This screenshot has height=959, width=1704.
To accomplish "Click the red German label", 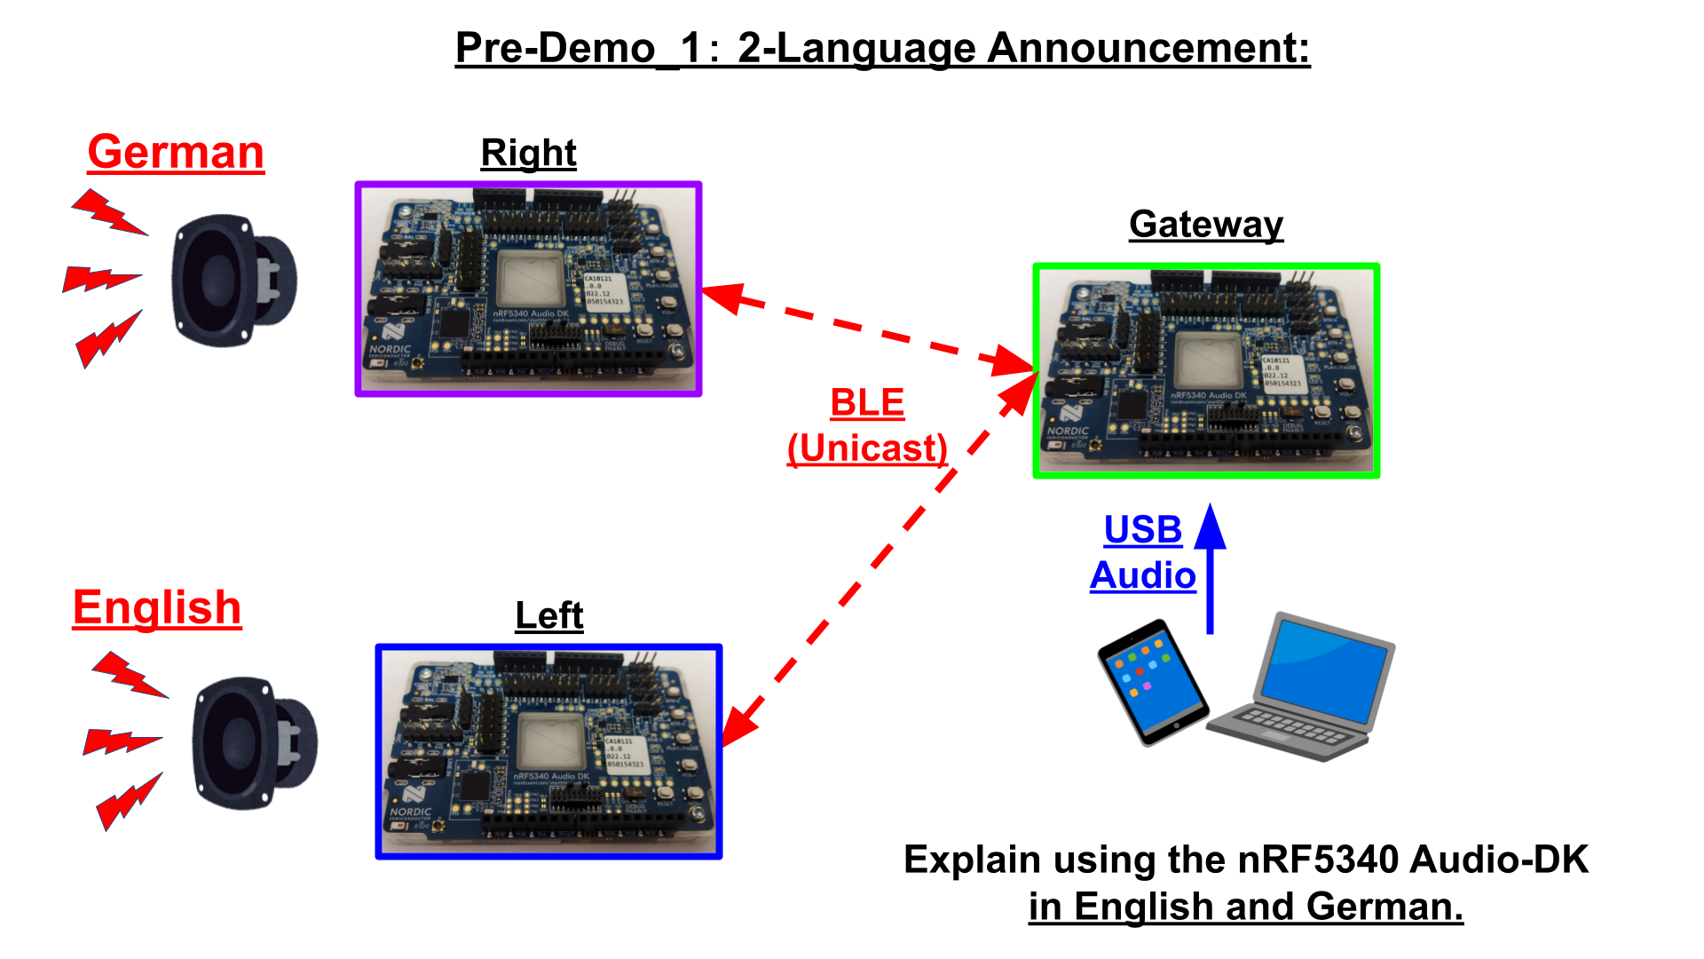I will (x=176, y=153).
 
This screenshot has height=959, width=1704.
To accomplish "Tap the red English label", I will (x=157, y=608).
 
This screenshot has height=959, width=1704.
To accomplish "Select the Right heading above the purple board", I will (x=528, y=154).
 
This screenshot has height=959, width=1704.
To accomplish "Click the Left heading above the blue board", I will (x=548, y=615).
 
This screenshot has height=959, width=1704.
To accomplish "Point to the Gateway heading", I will (x=1205, y=225).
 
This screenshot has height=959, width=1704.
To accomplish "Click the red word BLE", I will (x=866, y=403).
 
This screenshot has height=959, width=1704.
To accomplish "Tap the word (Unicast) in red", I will (x=867, y=448).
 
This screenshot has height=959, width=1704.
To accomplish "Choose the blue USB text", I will (x=1142, y=530).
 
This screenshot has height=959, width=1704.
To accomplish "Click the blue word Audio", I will (x=1142, y=575).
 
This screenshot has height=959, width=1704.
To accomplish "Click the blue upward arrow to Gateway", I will (x=1210, y=568).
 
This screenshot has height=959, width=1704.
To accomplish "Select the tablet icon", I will (x=1152, y=682).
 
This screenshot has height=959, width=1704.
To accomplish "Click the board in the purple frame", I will (x=528, y=289).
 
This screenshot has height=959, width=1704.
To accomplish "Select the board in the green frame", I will (x=1205, y=370).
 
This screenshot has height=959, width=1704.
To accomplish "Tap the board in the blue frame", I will (x=548, y=751).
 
